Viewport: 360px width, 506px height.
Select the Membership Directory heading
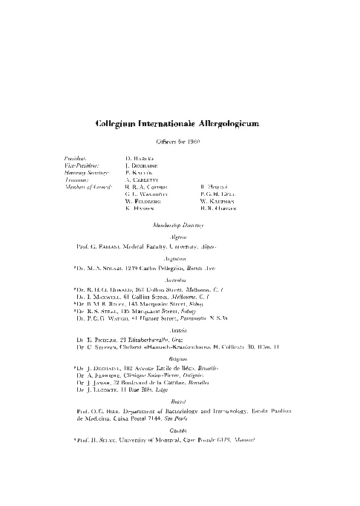[x=180, y=223]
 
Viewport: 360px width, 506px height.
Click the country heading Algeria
[x=180, y=235]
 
